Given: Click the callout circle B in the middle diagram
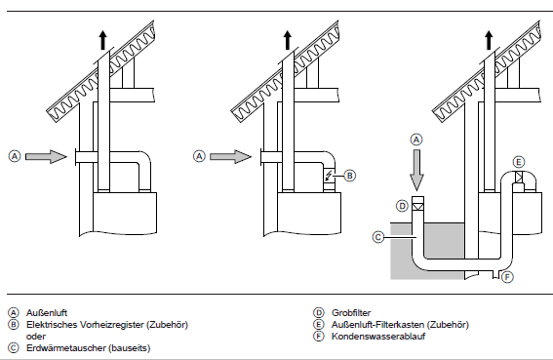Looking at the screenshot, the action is [x=349, y=176].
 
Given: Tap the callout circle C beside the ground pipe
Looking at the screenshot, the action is [x=378, y=237].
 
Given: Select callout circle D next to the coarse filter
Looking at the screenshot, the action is [x=403, y=206].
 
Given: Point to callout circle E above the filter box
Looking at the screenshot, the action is [x=519, y=162].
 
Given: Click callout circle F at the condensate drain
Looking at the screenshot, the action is [x=507, y=277].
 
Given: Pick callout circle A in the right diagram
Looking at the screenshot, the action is [x=416, y=140].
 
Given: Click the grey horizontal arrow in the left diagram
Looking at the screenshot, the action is [x=46, y=156].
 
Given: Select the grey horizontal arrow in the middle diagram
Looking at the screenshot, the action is [x=231, y=156].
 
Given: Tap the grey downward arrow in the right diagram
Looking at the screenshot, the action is [x=416, y=171].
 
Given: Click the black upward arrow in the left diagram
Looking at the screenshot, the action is [x=102, y=40].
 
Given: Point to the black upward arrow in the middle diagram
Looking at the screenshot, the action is [x=288, y=40].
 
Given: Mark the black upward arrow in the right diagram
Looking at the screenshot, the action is [x=489, y=40].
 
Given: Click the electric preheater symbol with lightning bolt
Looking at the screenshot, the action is [x=329, y=176].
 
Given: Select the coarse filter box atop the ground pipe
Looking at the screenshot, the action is [x=418, y=203].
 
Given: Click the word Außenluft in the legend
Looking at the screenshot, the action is [x=47, y=313].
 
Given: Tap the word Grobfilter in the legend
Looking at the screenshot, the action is [x=351, y=313].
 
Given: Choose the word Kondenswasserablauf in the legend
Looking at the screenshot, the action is [x=378, y=337].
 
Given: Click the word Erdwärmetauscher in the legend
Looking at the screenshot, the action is [x=66, y=348].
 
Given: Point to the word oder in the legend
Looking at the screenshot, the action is [x=36, y=337].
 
